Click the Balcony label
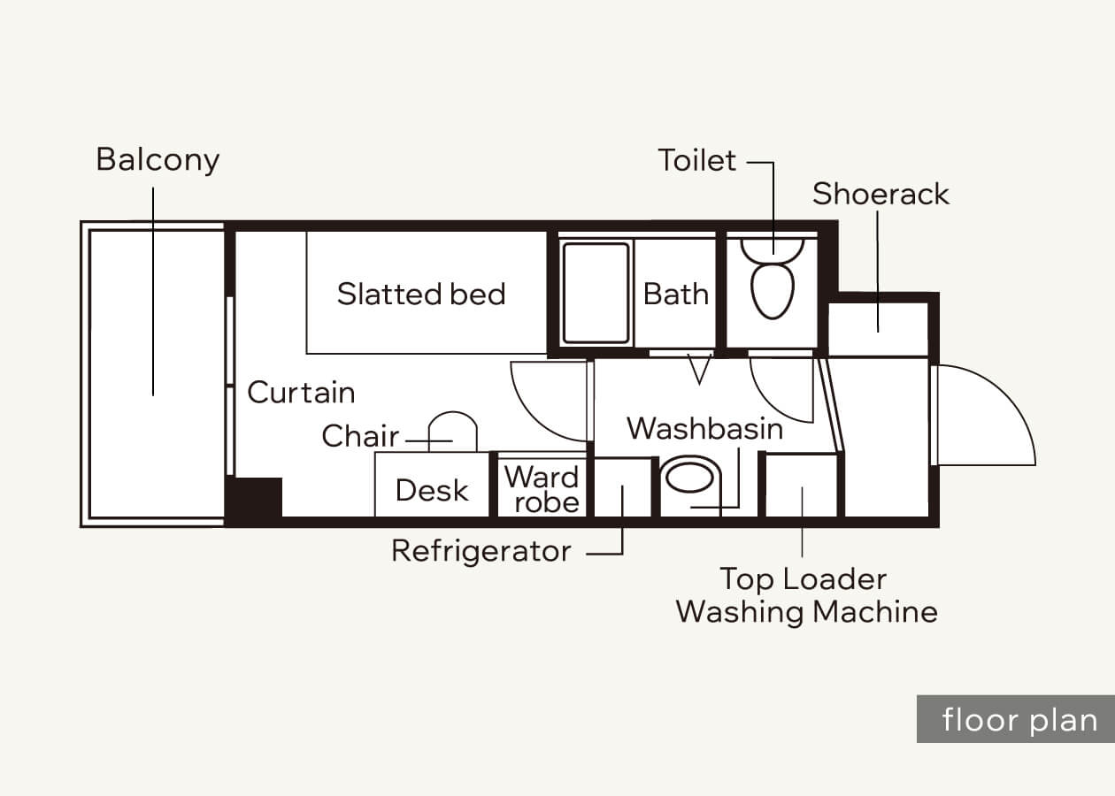click(x=158, y=160)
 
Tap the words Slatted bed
click(x=421, y=294)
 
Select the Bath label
click(x=675, y=294)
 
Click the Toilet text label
click(x=697, y=160)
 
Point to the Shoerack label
click(x=880, y=194)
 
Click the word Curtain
click(x=301, y=392)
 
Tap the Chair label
click(x=360, y=436)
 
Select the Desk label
click(x=432, y=490)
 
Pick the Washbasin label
click(x=704, y=428)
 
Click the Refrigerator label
click(x=481, y=551)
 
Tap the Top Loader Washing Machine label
click(x=806, y=595)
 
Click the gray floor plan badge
click(x=1016, y=719)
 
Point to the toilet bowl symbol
click(x=772, y=291)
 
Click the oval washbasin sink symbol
click(x=689, y=478)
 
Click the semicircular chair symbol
click(x=452, y=412)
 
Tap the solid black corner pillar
click(x=254, y=497)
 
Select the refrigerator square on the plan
click(x=623, y=487)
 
